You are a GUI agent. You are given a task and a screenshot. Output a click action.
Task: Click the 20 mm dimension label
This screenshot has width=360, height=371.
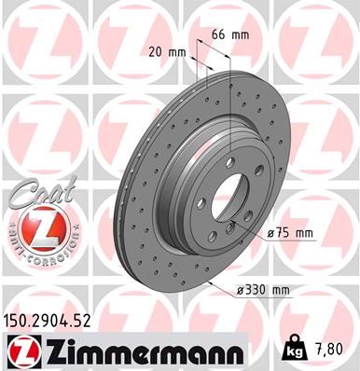point(163,52)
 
